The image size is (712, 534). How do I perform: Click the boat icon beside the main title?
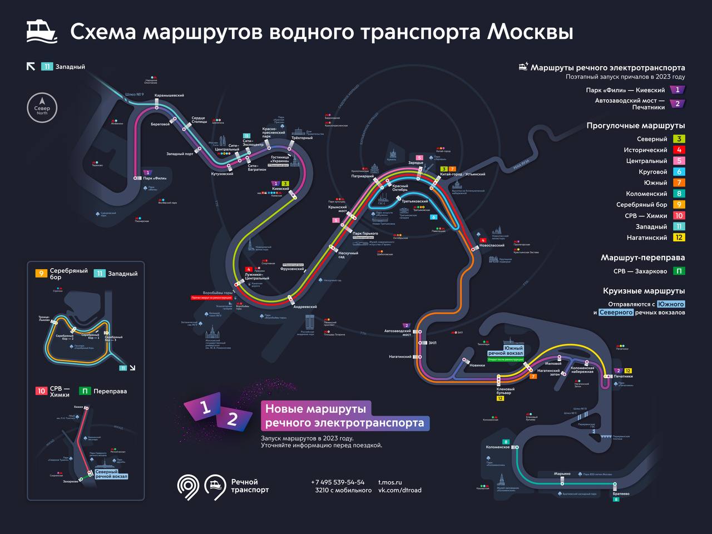(x=42, y=32)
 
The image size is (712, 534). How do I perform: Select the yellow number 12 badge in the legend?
(x=679, y=238)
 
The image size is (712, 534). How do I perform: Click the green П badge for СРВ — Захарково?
(x=679, y=271)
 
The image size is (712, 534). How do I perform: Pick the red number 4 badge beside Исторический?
(x=679, y=150)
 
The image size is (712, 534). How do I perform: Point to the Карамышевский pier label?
(x=169, y=96)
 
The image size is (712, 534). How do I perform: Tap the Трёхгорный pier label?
(x=302, y=139)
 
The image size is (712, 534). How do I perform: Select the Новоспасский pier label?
(x=492, y=245)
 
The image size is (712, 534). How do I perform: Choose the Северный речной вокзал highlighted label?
(x=111, y=474)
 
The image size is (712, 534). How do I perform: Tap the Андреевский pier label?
(x=304, y=307)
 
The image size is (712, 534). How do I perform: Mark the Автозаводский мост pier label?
(x=397, y=333)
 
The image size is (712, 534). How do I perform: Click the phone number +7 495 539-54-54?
(x=338, y=482)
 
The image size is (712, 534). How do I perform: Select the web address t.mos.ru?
(x=390, y=482)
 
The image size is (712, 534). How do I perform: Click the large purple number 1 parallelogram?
(x=205, y=408)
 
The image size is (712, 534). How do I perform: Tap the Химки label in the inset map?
(x=78, y=407)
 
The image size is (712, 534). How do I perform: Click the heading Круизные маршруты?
(x=644, y=291)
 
